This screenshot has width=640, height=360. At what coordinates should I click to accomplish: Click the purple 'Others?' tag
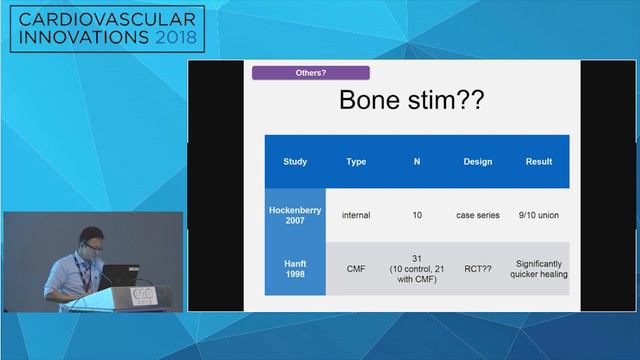click(310, 73)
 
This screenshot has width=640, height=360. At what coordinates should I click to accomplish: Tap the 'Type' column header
click(356, 161)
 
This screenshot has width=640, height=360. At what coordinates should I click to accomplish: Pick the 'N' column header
click(417, 161)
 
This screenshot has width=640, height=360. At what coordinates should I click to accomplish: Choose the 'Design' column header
click(478, 161)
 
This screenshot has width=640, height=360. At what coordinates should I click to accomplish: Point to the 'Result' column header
click(539, 161)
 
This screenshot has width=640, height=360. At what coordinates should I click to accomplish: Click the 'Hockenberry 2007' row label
click(295, 214)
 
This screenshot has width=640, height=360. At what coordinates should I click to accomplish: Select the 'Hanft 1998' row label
click(295, 268)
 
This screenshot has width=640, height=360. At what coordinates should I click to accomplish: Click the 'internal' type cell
click(356, 214)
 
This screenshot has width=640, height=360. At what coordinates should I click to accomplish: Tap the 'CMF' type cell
click(356, 268)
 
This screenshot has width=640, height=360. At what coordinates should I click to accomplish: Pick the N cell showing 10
click(417, 214)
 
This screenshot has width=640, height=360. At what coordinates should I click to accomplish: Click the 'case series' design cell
click(478, 214)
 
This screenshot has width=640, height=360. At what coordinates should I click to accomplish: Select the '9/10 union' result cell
click(539, 214)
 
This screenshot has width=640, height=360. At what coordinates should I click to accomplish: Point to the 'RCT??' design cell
click(478, 268)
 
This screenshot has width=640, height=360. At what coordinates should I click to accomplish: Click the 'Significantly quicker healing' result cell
click(539, 268)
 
